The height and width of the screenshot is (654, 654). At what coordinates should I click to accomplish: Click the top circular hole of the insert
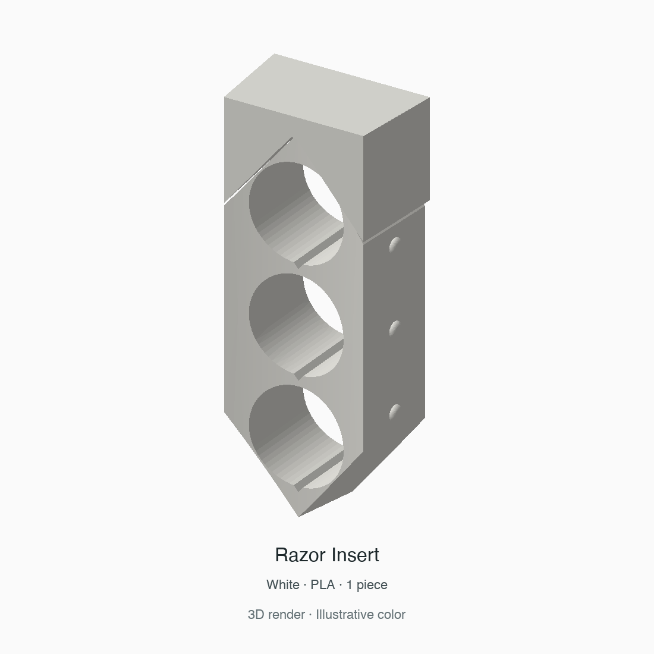[x=296, y=213]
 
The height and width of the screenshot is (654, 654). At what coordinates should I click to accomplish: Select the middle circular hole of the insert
[x=296, y=325]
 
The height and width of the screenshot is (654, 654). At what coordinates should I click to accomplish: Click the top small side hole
[x=395, y=244]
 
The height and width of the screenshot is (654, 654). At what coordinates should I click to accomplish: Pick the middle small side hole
[x=395, y=328]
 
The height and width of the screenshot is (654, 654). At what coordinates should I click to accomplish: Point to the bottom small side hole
[x=395, y=411]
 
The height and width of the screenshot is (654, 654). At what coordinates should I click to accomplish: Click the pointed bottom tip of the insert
[x=298, y=516]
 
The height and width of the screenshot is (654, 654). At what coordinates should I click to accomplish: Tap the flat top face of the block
[x=327, y=95]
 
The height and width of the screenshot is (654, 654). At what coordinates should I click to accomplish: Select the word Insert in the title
[x=356, y=555]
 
